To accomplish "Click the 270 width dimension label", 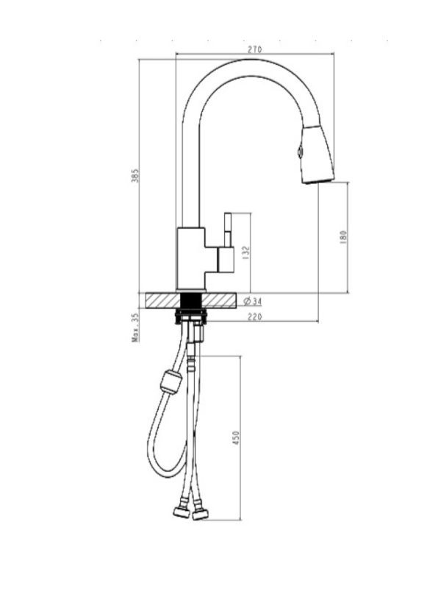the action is tap(254, 49).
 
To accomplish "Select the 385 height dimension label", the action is tap(135, 176).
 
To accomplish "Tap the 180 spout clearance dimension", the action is tap(343, 237).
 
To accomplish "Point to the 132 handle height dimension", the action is tap(246, 253).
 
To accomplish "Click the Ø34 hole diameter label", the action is tap(253, 301).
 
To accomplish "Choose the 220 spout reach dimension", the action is tap(254, 317).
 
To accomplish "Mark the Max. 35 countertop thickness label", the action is tap(135, 328).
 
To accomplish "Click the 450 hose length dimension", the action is tap(235, 438).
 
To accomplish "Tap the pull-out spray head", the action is tap(318, 154).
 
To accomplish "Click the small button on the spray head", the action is tap(300, 152).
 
